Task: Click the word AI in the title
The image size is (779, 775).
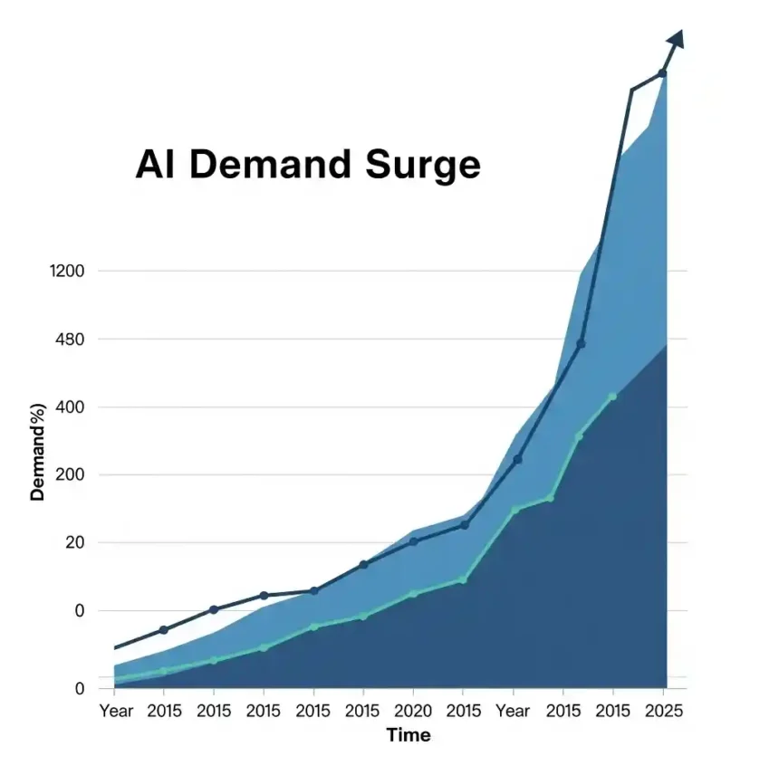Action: point(156,166)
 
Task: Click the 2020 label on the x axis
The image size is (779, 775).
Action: point(413,711)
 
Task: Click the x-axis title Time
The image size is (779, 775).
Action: point(409,735)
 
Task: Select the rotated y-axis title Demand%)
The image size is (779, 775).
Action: point(38,450)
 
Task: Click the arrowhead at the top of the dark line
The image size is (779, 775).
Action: point(676,38)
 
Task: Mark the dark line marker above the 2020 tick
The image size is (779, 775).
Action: point(414,541)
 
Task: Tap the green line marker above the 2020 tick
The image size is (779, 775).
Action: point(414,594)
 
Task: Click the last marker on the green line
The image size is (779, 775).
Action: point(612,397)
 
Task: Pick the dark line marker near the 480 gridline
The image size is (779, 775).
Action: point(582,343)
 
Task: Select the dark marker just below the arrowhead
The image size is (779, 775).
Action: point(662,73)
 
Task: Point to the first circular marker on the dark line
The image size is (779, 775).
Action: point(164,629)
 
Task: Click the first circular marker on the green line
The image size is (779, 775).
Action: point(164,671)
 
